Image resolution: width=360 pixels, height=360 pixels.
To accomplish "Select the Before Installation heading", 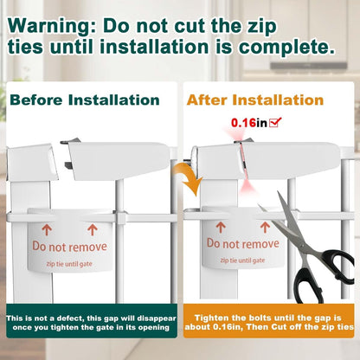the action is pos(85,100).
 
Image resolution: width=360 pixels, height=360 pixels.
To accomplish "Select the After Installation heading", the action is pos(255,100).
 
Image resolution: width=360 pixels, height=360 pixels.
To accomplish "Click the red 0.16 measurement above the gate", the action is pos(243,123).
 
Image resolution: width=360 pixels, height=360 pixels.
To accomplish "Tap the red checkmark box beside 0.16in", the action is pos(275,123).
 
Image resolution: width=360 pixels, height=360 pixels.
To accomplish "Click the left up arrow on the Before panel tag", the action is pos(47,230).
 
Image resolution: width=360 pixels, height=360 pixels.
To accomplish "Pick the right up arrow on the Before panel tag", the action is pos(93,230).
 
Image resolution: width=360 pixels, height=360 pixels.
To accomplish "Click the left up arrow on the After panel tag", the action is pos(221,228).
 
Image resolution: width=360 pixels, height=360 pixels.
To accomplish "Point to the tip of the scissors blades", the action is pos(260,206).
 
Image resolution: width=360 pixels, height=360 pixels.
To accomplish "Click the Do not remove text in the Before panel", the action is pos(69,247).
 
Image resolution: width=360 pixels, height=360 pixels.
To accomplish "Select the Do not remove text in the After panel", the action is pos(243,244).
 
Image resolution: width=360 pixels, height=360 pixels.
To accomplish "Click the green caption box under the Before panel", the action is pos(92,321).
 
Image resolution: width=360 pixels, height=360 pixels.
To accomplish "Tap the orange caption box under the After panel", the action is pos(268,321).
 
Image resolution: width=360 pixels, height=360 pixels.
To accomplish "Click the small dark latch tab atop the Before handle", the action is pos(70,141).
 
